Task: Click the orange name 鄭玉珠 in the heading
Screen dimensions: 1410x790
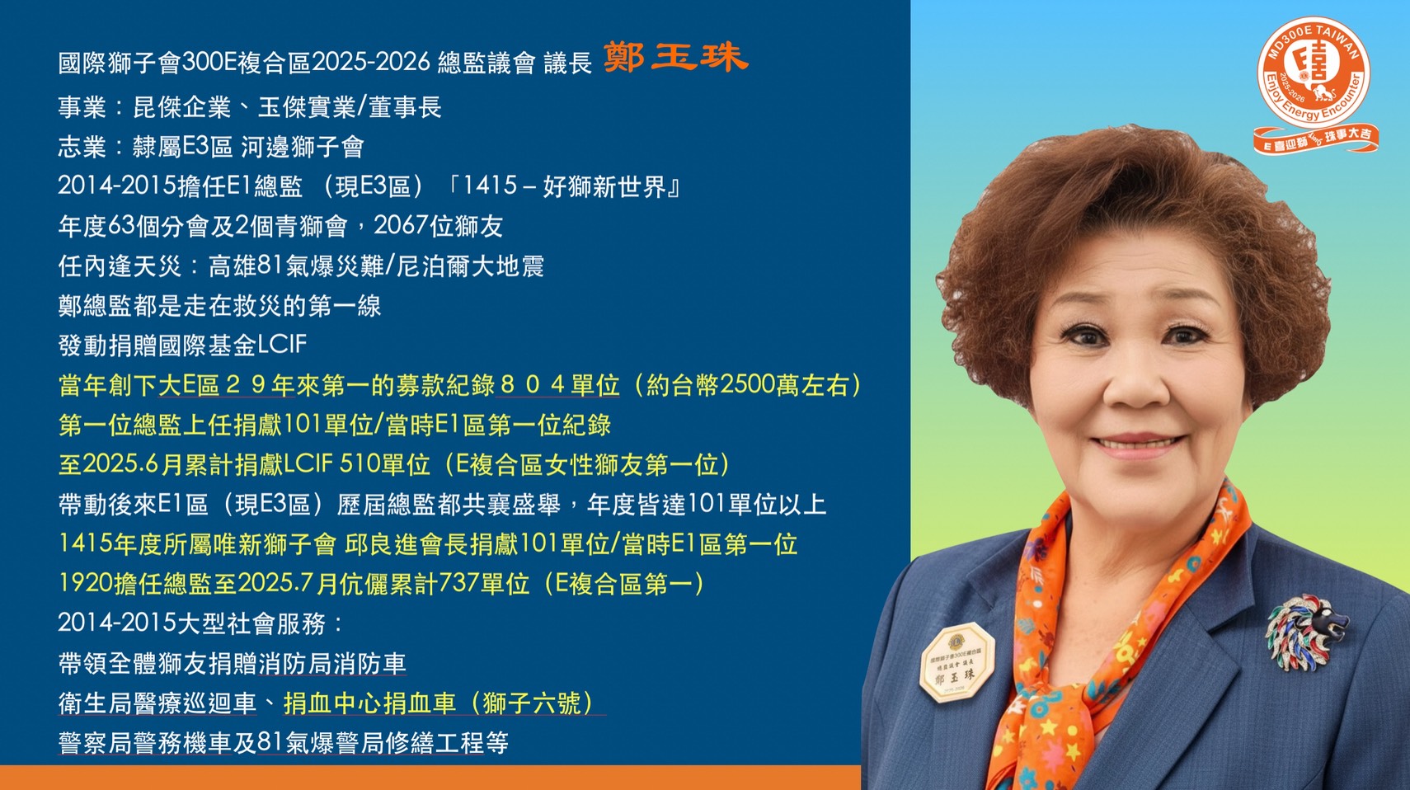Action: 675,57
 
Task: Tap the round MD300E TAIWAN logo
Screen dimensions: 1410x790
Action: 1314,73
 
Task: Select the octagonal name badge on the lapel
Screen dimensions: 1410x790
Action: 956,661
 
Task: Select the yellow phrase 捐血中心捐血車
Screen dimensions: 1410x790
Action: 369,703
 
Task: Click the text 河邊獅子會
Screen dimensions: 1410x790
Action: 303,147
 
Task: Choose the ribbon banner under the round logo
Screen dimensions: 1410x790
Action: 1315,139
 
